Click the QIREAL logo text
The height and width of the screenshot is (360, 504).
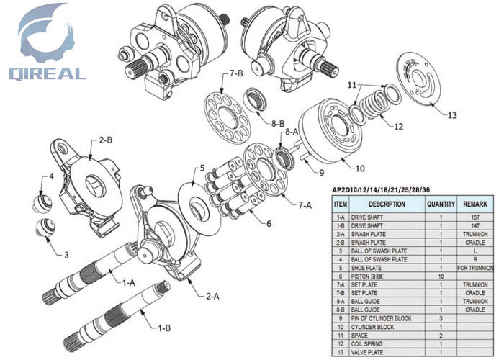point(47,73)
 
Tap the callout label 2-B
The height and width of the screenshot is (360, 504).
point(105,140)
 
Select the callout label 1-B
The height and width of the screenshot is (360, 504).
point(165,328)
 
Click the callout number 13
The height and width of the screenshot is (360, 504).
point(451,115)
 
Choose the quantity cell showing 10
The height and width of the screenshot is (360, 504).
point(440,276)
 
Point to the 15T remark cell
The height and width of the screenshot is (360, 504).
point(475,217)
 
